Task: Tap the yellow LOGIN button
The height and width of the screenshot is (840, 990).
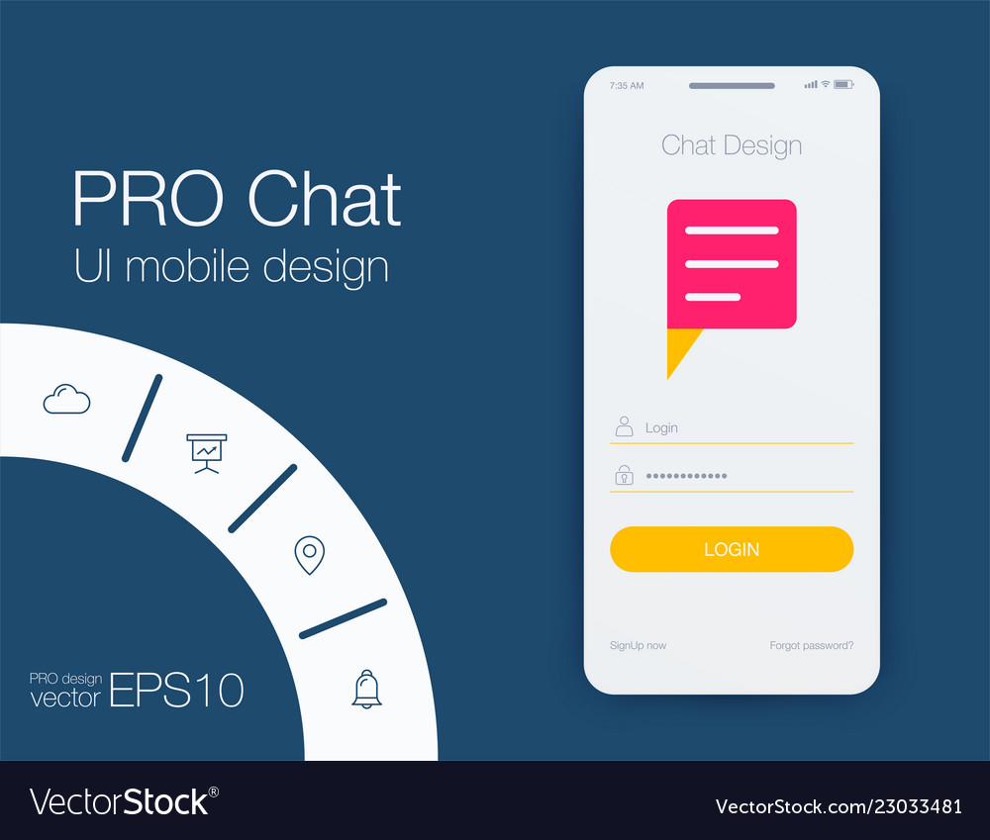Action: click(x=732, y=549)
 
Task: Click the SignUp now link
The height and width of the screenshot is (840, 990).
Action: click(x=638, y=645)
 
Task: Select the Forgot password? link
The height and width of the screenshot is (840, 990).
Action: click(x=812, y=645)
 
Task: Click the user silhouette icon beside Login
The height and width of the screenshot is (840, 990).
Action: click(x=624, y=426)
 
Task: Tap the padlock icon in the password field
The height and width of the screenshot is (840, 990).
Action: click(x=624, y=475)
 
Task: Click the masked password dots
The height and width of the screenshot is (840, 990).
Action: click(x=686, y=476)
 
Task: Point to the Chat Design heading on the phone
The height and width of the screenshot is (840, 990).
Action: click(x=732, y=145)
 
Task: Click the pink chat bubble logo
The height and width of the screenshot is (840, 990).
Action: click(x=732, y=264)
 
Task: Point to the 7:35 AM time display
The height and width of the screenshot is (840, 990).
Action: click(x=627, y=85)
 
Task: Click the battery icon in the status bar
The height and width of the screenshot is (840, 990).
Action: click(x=843, y=84)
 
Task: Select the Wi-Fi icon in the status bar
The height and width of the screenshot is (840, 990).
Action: click(x=826, y=84)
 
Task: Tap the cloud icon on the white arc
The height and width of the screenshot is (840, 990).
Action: click(x=67, y=399)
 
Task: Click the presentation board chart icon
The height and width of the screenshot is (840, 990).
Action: click(x=207, y=453)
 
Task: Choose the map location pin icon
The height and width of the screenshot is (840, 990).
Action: click(x=309, y=555)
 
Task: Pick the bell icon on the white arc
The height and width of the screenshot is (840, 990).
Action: click(x=367, y=690)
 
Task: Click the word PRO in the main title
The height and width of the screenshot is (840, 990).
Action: click(x=148, y=199)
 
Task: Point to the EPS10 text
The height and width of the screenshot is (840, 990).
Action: click(x=177, y=690)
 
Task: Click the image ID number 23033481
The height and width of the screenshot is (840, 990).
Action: click(x=918, y=806)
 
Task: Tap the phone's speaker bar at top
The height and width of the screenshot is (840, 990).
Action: click(x=732, y=86)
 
